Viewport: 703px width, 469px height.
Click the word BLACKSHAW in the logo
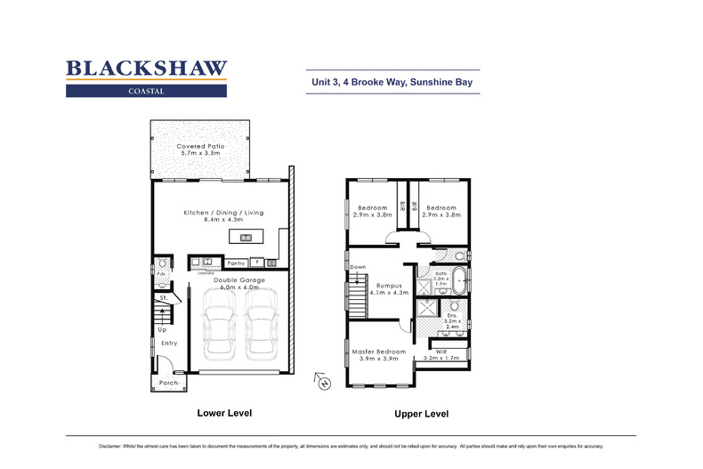[147, 69]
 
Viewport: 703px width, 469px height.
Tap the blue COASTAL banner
[147, 90]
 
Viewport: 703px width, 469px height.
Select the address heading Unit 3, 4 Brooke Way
[392, 82]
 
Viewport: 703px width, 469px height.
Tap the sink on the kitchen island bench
[245, 237]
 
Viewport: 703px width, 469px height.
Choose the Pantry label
[236, 263]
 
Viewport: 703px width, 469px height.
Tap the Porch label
[168, 383]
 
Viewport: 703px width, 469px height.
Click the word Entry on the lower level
[169, 343]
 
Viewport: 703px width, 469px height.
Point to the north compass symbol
[324, 383]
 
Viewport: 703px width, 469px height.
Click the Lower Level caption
[224, 413]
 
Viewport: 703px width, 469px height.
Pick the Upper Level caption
[421, 414]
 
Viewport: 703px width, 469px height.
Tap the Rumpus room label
[389, 284]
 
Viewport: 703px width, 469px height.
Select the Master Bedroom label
[377, 352]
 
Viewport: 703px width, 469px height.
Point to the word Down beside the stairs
[358, 267]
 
